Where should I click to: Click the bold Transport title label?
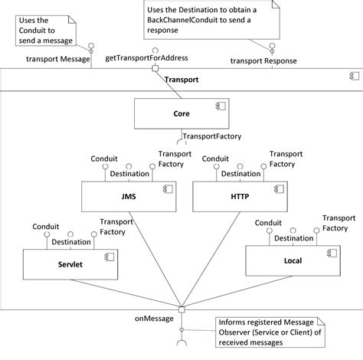pyautogui.click(x=181, y=79)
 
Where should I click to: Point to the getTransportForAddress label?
pyautogui.click(x=146, y=58)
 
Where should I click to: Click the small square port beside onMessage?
pyautogui.click(x=182, y=310)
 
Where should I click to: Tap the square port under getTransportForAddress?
pyautogui.click(x=155, y=69)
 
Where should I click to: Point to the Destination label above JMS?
pyautogui.click(x=129, y=175)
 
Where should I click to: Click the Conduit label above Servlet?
pyautogui.click(x=46, y=226)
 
